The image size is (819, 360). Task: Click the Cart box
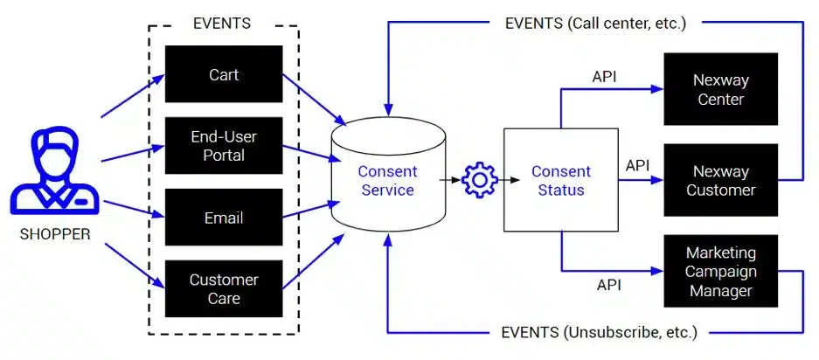(224, 73)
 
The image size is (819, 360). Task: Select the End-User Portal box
(224, 145)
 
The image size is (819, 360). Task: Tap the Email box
(224, 217)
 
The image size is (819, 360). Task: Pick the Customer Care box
(224, 288)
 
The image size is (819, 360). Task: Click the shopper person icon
(54, 170)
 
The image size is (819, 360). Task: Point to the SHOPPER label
(55, 234)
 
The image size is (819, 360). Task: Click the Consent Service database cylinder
(388, 175)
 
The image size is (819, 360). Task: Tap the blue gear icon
(480, 180)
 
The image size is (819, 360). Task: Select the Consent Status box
(561, 180)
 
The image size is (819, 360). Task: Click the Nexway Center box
(721, 89)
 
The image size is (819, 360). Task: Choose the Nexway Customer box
(721, 180)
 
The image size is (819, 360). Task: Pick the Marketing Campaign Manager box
(721, 271)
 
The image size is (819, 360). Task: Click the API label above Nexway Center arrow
(604, 77)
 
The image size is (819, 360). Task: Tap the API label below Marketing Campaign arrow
(609, 285)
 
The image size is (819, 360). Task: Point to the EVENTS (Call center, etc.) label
(595, 23)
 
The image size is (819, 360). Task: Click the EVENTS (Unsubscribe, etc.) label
(599, 332)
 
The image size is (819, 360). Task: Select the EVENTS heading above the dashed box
(222, 23)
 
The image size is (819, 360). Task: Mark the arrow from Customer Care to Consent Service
(314, 261)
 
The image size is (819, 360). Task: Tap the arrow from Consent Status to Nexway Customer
(641, 180)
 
